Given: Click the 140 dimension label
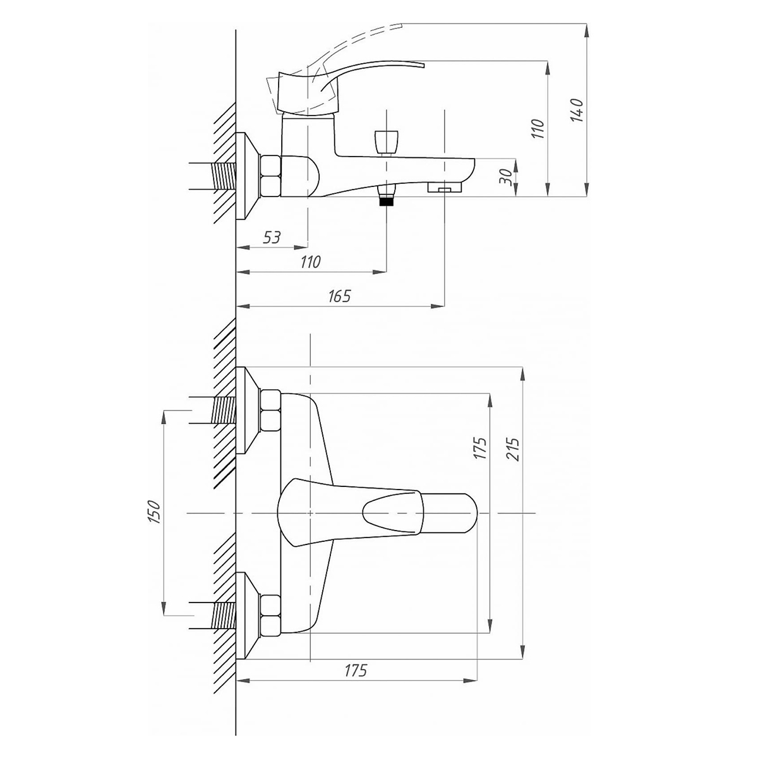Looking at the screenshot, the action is [x=577, y=111].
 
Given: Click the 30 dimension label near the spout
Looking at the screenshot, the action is [x=505, y=177].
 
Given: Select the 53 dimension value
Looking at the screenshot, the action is [x=272, y=238].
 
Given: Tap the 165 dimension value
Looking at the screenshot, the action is [x=339, y=296].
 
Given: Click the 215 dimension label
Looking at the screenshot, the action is [x=513, y=448].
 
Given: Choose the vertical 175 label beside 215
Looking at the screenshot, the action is [x=480, y=448].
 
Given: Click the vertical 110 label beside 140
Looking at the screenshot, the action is [x=538, y=128].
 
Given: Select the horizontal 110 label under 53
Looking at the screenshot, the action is [x=310, y=262].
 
